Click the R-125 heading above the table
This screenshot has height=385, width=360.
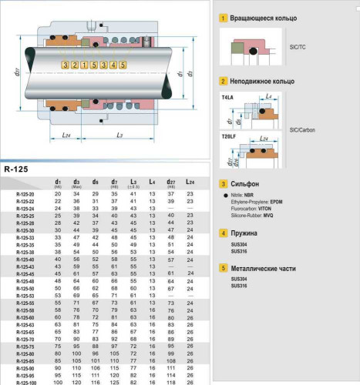[x=17, y=169]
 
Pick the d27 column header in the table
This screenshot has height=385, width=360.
[x=170, y=182]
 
